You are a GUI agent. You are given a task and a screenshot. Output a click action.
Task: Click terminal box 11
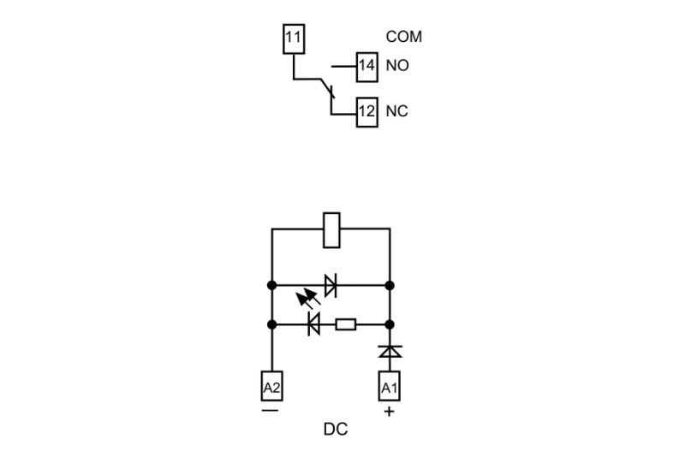[x=293, y=39]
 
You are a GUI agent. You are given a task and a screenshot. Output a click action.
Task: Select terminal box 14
[x=367, y=66]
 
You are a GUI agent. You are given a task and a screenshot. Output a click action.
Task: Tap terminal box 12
[x=367, y=111]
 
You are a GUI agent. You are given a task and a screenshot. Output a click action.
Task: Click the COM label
[x=404, y=37]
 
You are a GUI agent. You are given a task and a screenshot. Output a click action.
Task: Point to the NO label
[x=397, y=66]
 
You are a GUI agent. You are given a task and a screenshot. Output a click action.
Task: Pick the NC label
[x=396, y=111]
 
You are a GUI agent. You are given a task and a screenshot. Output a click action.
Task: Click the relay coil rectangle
[x=331, y=229]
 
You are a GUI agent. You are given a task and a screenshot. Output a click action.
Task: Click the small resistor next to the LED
[x=345, y=324]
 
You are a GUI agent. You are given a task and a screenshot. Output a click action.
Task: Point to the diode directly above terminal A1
[x=390, y=351]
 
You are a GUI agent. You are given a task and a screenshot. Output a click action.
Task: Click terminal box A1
[x=390, y=388]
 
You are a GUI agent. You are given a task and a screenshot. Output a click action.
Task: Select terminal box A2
[x=271, y=388]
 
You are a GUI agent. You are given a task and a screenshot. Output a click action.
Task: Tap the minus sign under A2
[x=271, y=410]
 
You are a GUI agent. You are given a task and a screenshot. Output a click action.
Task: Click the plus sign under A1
[x=390, y=412]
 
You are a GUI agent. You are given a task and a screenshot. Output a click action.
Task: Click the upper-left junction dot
[x=271, y=285]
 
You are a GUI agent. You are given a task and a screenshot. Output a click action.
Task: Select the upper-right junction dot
[x=390, y=285]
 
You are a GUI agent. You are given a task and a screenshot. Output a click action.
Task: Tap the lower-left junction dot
[x=271, y=324]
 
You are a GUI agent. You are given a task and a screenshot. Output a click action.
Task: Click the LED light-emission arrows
[x=304, y=299]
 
